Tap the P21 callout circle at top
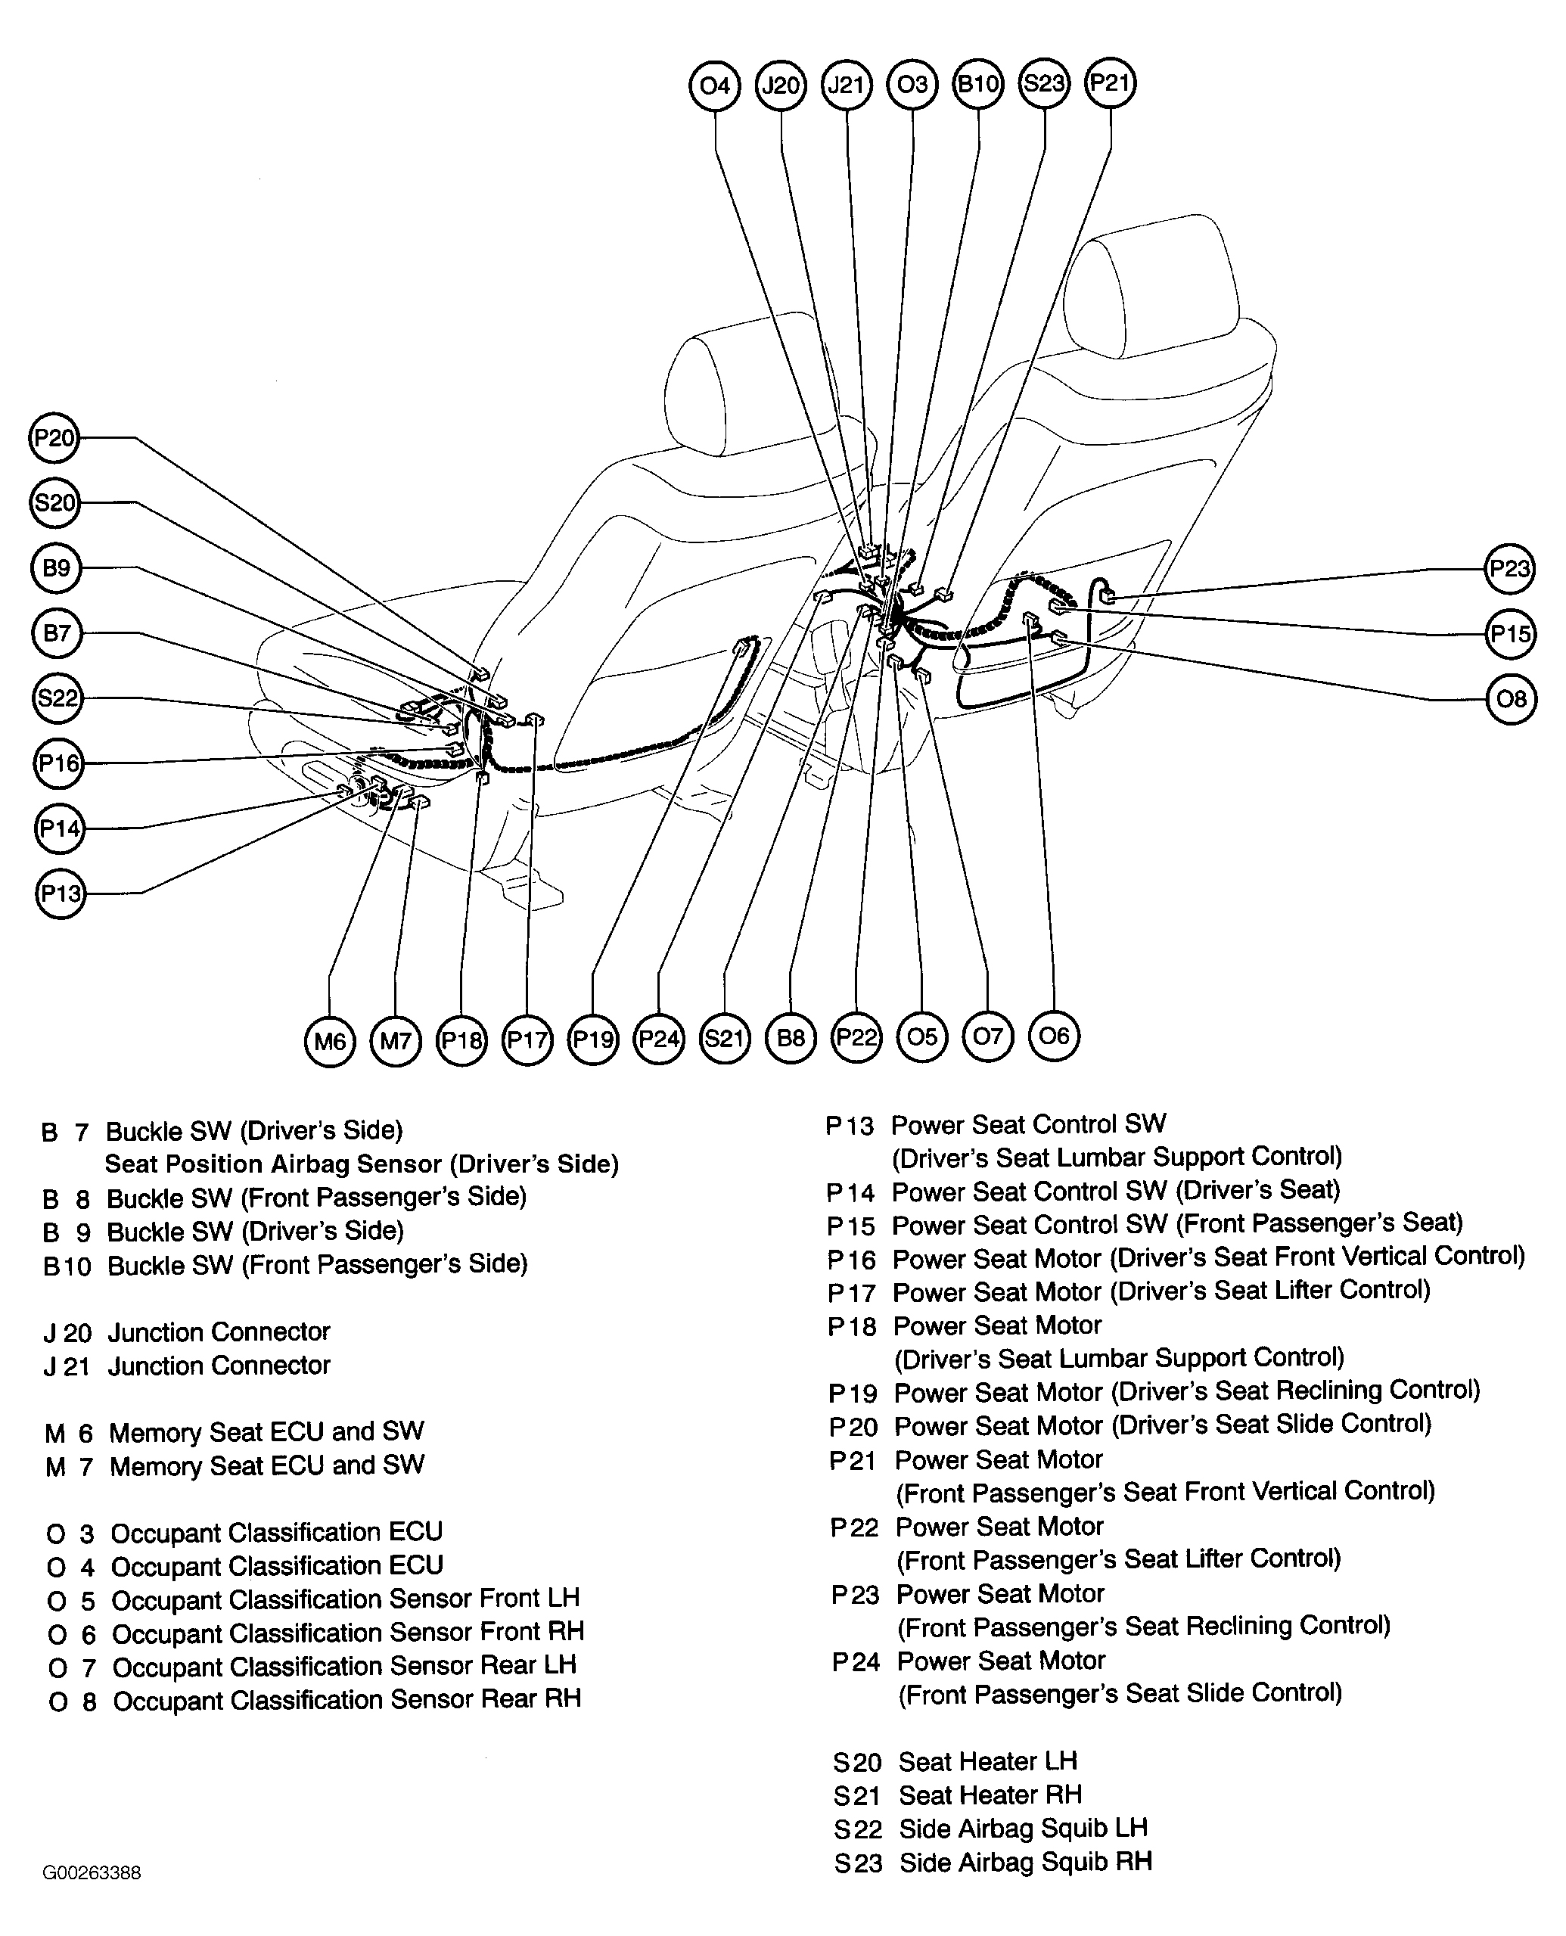(1110, 84)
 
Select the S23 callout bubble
(1044, 84)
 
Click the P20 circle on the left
(54, 439)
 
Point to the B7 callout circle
(56, 633)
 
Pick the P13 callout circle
(61, 893)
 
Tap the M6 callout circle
(329, 1041)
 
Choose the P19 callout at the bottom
(592, 1040)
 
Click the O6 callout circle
(1054, 1036)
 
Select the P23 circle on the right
(1510, 568)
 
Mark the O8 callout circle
(1511, 698)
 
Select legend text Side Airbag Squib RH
(1026, 1861)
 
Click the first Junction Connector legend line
(219, 1332)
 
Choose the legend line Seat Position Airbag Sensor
(362, 1164)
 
